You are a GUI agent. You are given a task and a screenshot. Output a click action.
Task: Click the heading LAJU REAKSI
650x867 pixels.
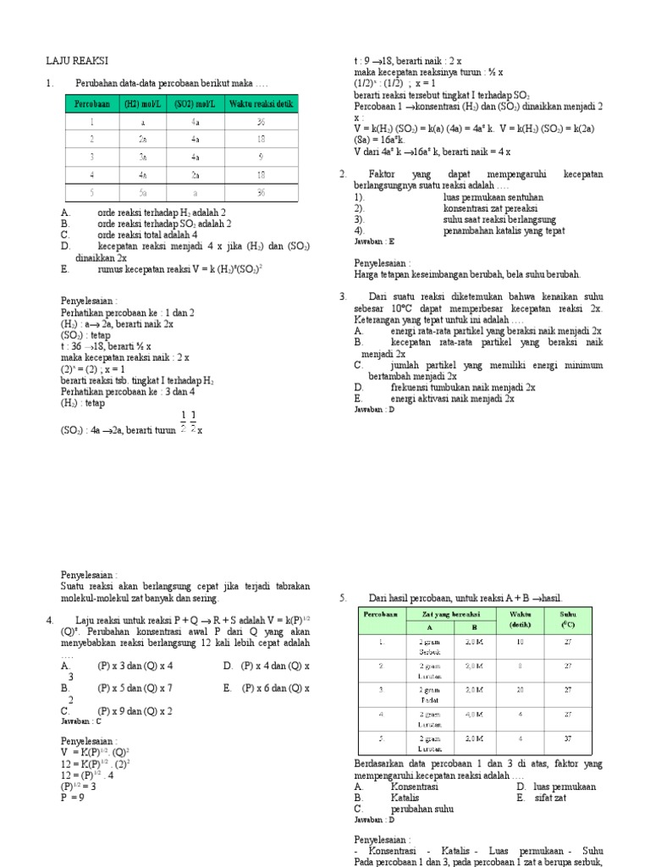[x=76, y=61]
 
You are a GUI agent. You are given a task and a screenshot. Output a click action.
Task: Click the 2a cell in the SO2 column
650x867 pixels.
[x=195, y=174]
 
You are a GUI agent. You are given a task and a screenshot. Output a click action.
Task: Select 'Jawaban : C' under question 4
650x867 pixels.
[x=81, y=721]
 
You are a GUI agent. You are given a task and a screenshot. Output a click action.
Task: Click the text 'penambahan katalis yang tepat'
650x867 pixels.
[x=504, y=230]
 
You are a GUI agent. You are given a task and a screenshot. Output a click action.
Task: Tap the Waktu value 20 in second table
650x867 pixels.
[x=521, y=689]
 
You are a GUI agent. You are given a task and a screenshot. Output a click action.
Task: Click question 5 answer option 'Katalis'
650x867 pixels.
[x=405, y=798]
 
